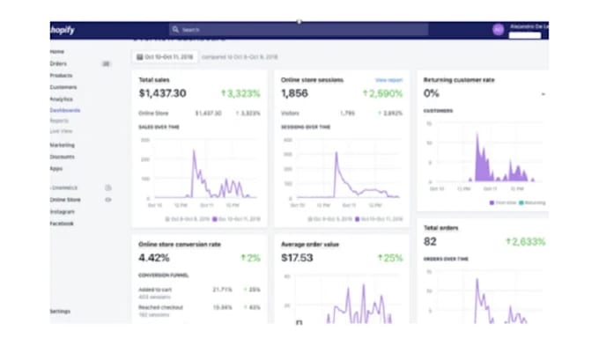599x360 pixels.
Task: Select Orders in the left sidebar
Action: (58, 63)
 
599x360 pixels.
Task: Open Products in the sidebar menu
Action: (62, 76)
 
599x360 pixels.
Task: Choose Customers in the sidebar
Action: (63, 87)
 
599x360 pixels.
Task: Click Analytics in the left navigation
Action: (62, 99)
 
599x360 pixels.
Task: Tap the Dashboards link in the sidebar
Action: (65, 110)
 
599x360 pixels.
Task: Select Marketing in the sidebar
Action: (63, 144)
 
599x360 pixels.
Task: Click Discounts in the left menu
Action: (63, 157)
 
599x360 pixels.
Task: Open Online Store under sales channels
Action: (65, 200)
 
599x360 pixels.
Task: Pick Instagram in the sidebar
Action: (62, 211)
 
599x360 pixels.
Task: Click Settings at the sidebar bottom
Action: (60, 311)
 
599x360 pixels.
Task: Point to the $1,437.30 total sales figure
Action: (162, 93)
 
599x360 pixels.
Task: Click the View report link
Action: (388, 80)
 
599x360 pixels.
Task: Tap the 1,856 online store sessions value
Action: (294, 93)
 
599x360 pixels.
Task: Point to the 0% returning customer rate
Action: (432, 93)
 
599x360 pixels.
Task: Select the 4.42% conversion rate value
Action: (153, 258)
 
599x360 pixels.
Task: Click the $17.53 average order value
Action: (297, 258)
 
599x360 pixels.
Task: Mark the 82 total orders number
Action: (430, 242)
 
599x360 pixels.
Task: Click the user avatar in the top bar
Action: (498, 29)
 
